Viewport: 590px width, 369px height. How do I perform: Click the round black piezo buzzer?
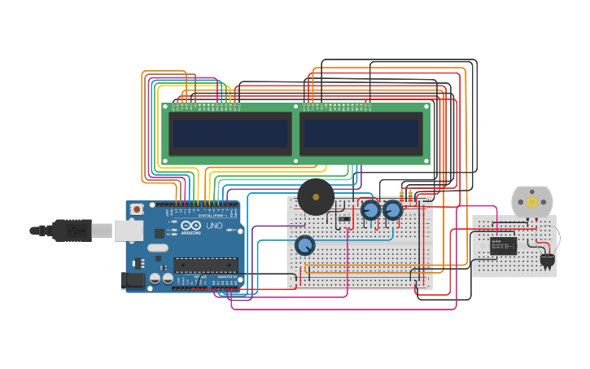316,197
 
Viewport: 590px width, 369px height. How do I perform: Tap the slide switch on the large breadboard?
344,218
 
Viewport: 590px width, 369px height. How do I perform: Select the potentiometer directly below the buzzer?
305,244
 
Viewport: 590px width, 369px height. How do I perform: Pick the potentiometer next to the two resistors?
393,210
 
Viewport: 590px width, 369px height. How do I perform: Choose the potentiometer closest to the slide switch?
370,210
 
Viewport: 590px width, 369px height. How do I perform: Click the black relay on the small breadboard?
503,244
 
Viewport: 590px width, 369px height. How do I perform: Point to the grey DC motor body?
532,201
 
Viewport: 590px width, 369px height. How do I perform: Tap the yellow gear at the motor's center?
532,201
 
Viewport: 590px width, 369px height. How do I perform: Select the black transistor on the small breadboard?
547,261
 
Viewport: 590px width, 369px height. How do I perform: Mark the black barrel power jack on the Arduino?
133,280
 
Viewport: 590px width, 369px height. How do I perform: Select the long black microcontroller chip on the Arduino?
206,265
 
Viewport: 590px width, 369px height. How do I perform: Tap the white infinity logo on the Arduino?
190,225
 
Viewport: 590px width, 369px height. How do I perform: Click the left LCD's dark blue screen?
229,133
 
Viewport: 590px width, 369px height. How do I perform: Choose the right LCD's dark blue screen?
361,133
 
